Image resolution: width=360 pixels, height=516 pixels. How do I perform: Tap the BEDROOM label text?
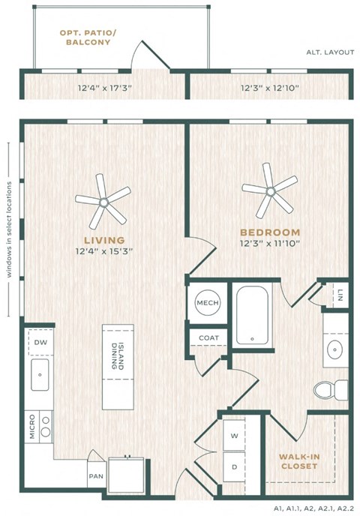click(x=270, y=232)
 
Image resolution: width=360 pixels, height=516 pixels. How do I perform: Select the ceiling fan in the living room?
click(x=103, y=201)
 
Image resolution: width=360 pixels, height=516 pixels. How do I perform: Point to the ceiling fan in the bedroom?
click(x=269, y=190)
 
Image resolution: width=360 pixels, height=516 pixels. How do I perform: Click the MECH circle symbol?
click(x=206, y=303)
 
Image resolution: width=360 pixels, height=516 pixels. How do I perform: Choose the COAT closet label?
click(x=208, y=338)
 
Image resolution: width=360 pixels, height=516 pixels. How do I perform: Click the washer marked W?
click(x=234, y=435)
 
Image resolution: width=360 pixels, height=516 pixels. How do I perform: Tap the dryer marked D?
click(x=234, y=467)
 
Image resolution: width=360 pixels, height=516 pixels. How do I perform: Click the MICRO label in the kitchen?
click(x=32, y=426)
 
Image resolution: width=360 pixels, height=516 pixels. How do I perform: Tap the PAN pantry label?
click(x=96, y=475)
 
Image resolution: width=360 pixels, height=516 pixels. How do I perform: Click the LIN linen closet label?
click(x=339, y=294)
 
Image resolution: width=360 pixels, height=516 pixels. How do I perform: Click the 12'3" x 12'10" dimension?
click(x=270, y=88)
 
